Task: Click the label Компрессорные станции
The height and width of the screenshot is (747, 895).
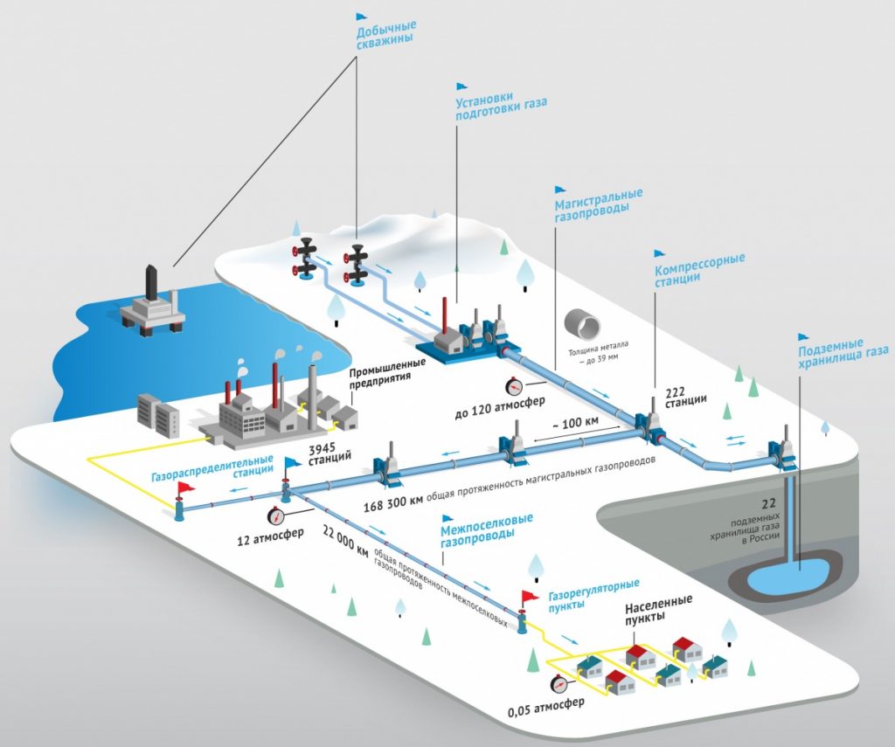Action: pyautogui.click(x=699, y=269)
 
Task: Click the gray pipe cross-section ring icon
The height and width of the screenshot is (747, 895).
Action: pyautogui.click(x=584, y=324)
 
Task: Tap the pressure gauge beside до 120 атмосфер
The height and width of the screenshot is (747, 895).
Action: pyautogui.click(x=514, y=385)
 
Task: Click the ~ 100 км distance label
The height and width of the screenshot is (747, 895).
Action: pyautogui.click(x=574, y=424)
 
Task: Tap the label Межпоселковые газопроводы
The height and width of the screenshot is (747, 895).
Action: pyautogui.click(x=486, y=530)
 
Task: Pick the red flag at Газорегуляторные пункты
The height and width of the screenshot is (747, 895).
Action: pyautogui.click(x=531, y=597)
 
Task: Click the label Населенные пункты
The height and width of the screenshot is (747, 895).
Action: pyautogui.click(x=658, y=608)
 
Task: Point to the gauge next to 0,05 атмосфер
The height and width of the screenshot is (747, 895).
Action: pyautogui.click(x=557, y=684)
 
